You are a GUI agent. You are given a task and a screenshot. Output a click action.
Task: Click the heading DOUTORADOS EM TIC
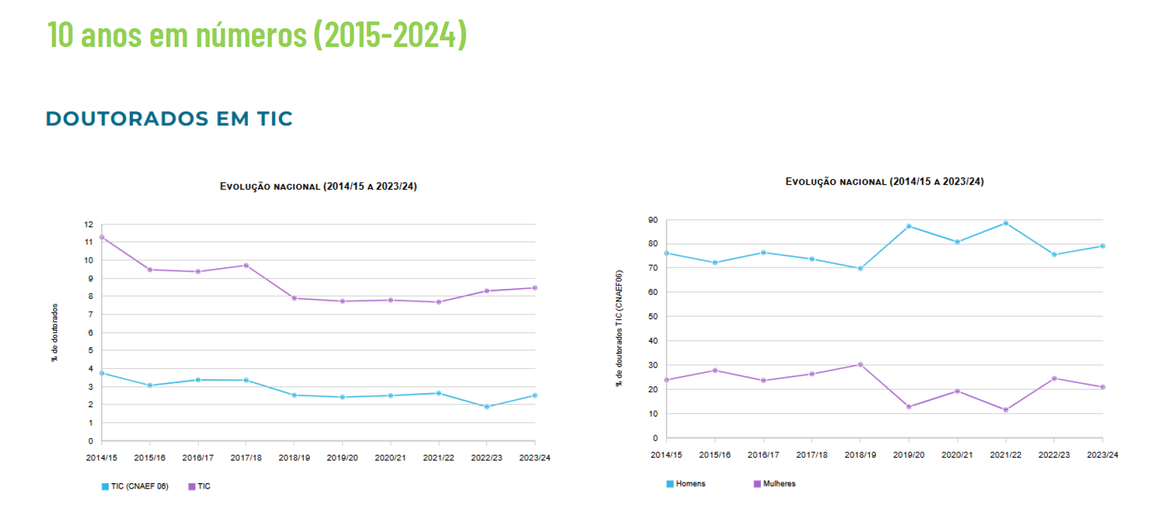click(x=169, y=119)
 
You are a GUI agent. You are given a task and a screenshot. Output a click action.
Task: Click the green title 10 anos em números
click(x=257, y=35)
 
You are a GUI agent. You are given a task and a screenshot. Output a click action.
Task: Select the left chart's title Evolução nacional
click(x=318, y=186)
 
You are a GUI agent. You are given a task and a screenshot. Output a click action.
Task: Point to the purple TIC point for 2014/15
click(x=101, y=237)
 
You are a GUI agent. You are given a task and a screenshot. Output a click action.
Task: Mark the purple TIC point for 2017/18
click(x=246, y=265)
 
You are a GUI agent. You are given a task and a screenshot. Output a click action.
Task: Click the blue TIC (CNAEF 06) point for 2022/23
click(x=486, y=407)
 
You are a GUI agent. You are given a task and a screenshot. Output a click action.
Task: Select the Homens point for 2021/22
click(x=1005, y=223)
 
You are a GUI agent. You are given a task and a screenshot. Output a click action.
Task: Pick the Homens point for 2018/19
click(x=860, y=268)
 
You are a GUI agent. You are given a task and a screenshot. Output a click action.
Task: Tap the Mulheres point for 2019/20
click(x=909, y=407)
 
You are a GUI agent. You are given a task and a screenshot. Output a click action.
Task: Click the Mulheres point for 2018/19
click(x=860, y=365)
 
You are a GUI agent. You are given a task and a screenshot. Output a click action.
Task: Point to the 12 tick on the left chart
click(x=89, y=224)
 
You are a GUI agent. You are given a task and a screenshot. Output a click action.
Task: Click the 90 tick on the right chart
click(x=653, y=220)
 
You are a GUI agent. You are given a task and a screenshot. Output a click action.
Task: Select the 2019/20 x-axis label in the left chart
click(x=342, y=458)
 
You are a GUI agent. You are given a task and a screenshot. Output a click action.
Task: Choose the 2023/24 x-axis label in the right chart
click(x=1102, y=455)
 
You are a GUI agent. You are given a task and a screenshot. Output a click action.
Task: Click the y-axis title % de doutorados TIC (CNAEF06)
click(x=619, y=328)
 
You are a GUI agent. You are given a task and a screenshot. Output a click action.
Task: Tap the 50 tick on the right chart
click(x=653, y=316)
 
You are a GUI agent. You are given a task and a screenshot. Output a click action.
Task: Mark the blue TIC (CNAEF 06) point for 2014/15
click(x=101, y=373)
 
